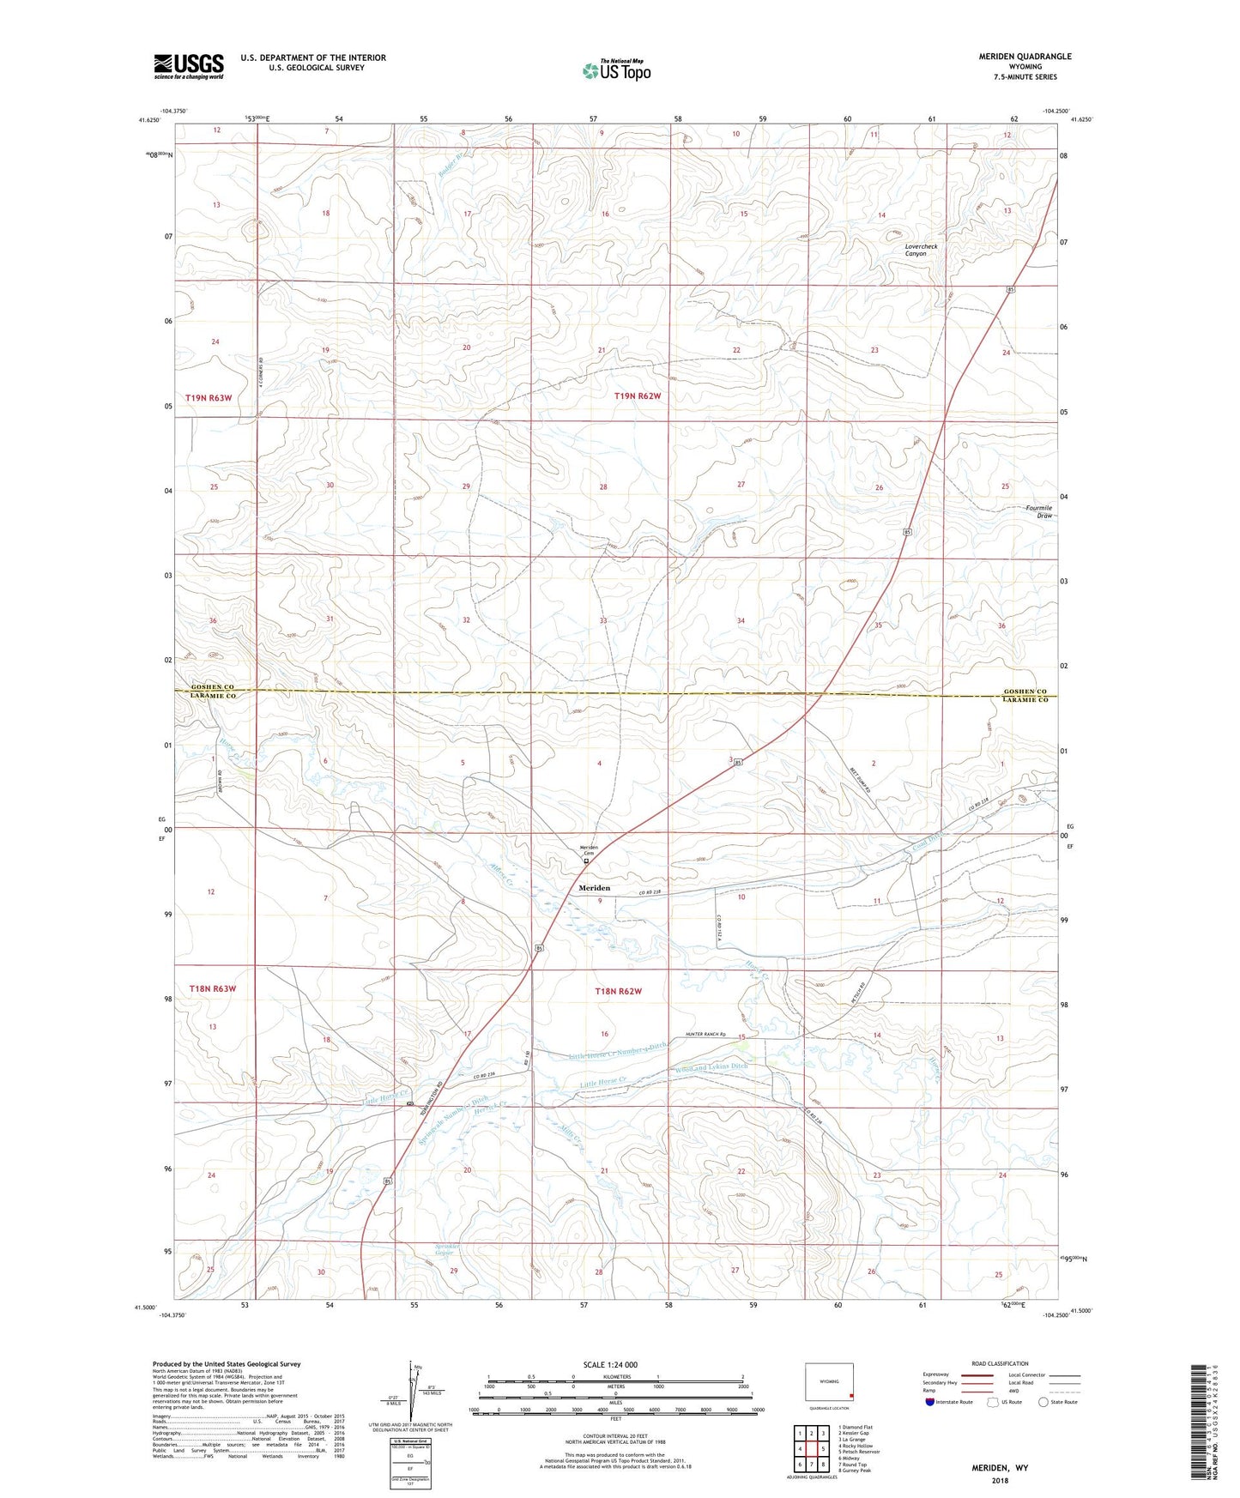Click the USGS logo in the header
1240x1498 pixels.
pos(189,65)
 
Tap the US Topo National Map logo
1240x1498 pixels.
pos(616,70)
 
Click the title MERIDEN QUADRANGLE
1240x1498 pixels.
pos(1025,57)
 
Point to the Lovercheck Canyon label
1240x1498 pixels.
pos(922,250)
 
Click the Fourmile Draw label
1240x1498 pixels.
pos(1038,511)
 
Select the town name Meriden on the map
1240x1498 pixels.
pos(595,888)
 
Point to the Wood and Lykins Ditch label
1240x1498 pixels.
pos(711,1066)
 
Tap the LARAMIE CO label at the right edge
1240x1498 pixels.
pos(1025,700)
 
